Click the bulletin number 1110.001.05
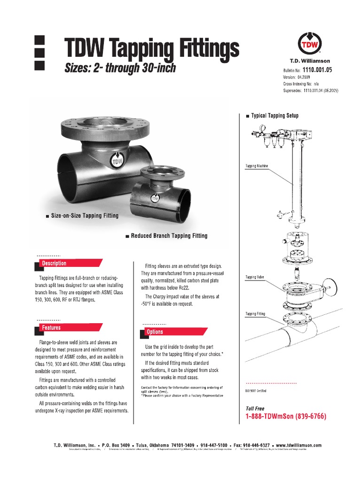coord(318,69)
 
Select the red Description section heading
coord(55,264)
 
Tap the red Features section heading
coord(52,327)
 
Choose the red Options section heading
coord(155,332)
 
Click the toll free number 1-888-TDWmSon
coord(286,417)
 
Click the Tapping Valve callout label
coord(255,278)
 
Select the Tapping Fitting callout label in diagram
coord(255,313)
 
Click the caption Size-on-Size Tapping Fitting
coord(85,216)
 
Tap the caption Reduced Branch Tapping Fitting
coord(169,236)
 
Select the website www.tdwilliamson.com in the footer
coord(298,445)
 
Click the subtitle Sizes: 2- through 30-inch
coord(120,68)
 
